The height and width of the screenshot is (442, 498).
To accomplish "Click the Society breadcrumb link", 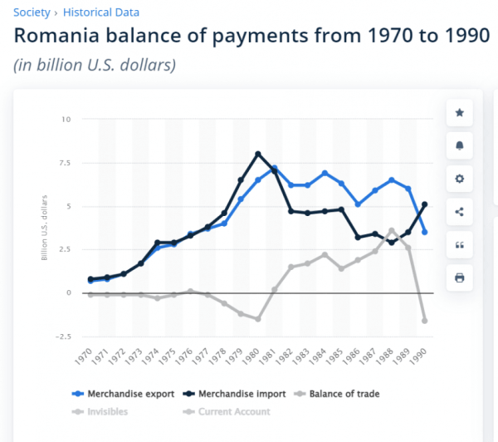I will click(31, 12).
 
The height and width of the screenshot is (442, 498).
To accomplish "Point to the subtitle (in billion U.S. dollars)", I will click(95, 65).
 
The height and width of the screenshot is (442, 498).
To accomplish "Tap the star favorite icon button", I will click(460, 113).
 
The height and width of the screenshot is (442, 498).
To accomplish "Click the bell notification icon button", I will click(460, 145).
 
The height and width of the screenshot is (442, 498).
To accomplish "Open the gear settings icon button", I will click(460, 179).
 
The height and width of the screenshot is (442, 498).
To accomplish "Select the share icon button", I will click(460, 211).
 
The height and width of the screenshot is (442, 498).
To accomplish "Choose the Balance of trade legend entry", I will click(343, 394).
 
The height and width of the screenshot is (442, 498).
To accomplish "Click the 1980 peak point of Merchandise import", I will click(258, 154).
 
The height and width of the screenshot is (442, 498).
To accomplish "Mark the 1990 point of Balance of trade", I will click(425, 321).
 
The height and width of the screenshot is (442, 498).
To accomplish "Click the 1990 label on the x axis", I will click(423, 359).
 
